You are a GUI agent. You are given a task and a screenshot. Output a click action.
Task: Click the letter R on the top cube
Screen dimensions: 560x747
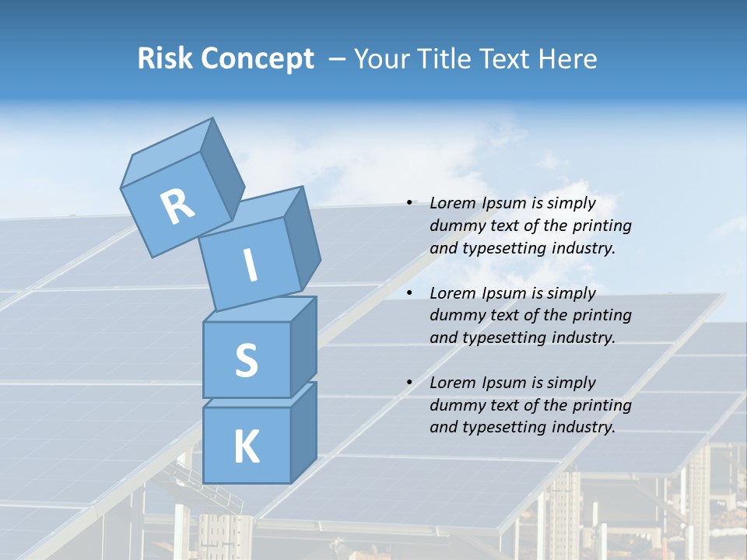click(x=177, y=206)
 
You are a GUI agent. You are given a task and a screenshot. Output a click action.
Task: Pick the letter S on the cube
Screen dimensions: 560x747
click(x=246, y=360)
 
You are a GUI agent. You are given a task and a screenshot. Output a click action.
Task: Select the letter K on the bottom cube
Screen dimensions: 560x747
click(x=246, y=446)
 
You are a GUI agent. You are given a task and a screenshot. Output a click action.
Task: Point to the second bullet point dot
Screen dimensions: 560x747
click(x=409, y=293)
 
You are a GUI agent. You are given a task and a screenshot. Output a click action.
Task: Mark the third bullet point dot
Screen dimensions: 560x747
click(x=409, y=383)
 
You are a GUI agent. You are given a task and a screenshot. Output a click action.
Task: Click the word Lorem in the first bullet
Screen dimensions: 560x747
click(x=451, y=204)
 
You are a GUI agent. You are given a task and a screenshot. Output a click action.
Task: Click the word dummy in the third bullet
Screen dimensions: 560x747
click(x=455, y=405)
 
